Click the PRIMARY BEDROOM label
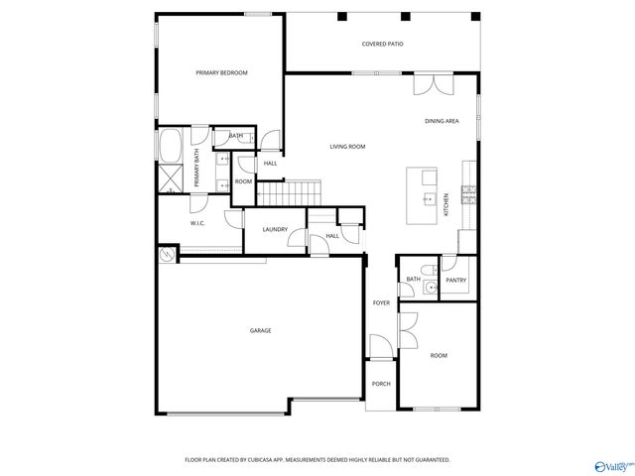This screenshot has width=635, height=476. coord(221,72)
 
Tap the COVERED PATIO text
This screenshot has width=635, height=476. coord(382,45)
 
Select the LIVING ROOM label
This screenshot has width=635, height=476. coord(348,146)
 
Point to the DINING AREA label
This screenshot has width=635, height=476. coord(442,121)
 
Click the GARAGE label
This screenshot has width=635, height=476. coord(260,330)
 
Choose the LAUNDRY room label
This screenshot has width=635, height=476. coord(275,229)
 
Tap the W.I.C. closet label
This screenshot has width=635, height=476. coord(197,223)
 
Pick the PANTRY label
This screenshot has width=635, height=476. coord(455,281)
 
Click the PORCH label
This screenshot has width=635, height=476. coord(380,384)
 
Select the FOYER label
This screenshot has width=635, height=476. coord(381,302)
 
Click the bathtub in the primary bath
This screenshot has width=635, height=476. coord(170,146)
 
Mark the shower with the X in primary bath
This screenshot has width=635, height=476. coord(171,178)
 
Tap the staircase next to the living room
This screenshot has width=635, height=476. coord(304,192)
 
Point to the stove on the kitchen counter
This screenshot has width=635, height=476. coord(473,190)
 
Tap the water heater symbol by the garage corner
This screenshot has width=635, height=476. coord(166,256)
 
